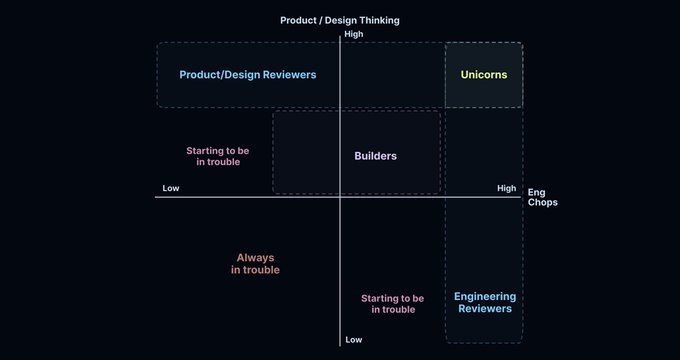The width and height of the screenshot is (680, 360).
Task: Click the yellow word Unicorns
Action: point(484,75)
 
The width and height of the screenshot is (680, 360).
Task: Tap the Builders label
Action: point(375,156)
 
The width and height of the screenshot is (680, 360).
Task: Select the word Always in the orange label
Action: point(255,257)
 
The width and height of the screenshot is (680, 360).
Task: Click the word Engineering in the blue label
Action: point(485,296)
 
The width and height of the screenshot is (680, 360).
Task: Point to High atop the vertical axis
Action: point(353,34)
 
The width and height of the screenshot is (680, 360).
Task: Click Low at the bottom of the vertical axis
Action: point(353,340)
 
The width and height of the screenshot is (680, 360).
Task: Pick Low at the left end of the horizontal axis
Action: point(171,188)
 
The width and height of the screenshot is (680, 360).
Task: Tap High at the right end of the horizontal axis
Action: point(506,188)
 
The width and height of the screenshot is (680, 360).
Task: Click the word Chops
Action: point(543,203)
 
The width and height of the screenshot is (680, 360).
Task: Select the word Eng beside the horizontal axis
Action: point(536,192)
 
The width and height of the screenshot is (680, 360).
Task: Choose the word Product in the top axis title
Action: point(299,20)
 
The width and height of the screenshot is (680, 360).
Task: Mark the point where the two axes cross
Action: point(341,197)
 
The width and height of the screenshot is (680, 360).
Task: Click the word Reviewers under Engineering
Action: point(485,309)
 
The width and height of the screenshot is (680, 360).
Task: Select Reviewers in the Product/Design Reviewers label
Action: point(283,75)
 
